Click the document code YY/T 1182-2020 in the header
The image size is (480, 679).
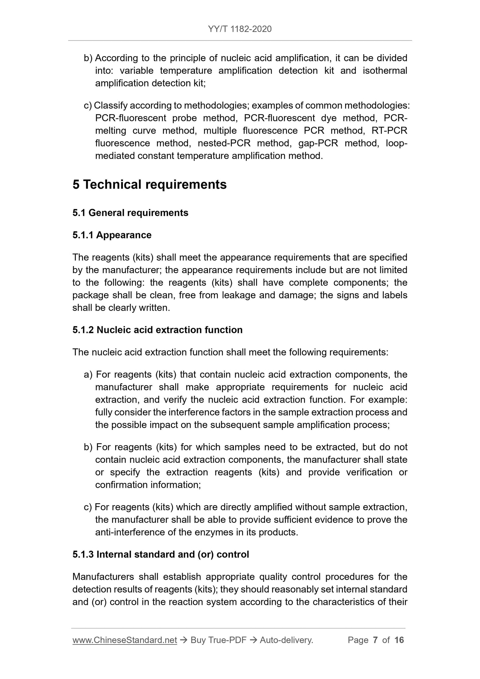pyautogui.click(x=240, y=29)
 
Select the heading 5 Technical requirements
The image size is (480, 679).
pyautogui.click(x=149, y=185)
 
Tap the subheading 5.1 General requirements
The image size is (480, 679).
pyautogui.click(x=130, y=213)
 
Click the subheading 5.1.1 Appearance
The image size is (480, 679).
pyautogui.click(x=112, y=235)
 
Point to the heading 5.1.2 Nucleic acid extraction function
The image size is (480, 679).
pyautogui.click(x=157, y=330)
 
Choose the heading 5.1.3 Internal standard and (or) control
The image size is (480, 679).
pyautogui.click(x=161, y=555)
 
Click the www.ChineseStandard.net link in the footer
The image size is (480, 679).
pyautogui.click(x=125, y=640)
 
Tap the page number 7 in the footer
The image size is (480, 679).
pyautogui.click(x=375, y=640)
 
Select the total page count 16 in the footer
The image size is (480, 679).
pyautogui.click(x=399, y=640)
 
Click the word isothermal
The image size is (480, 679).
pyautogui.click(x=385, y=71)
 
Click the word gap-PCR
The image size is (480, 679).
pyautogui.click(x=318, y=144)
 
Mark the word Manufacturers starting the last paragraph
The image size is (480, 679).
pyautogui.click(x=103, y=577)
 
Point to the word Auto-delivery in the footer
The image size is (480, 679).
pyautogui.click(x=286, y=640)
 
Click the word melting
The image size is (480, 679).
pyautogui.click(x=111, y=131)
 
